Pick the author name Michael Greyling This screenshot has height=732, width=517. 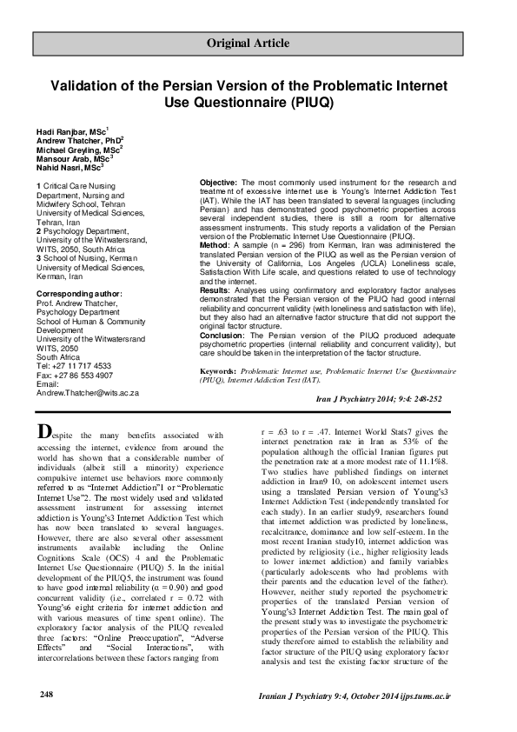[x=76, y=150]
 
